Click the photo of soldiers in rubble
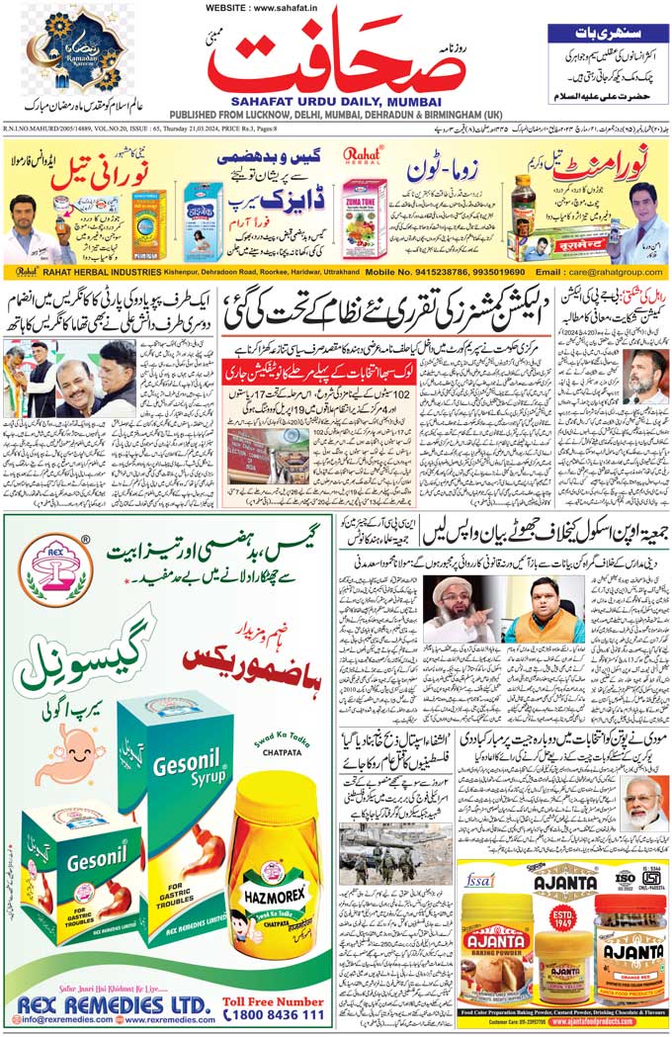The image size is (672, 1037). click(x=381, y=854)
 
